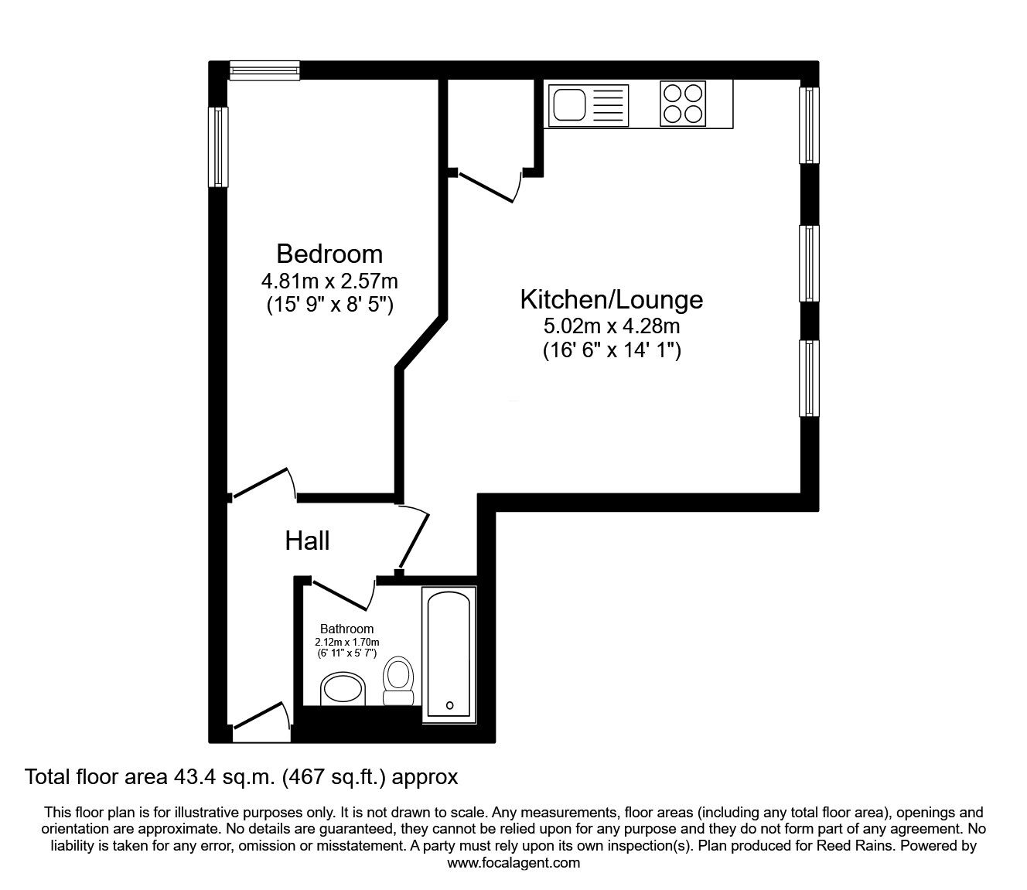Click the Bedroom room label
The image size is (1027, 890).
click(329, 254)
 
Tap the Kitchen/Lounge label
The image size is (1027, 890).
click(612, 300)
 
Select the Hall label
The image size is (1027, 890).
click(307, 540)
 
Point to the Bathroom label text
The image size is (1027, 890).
click(346, 629)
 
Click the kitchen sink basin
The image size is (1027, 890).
click(569, 105)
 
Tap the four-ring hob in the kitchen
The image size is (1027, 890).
click(683, 104)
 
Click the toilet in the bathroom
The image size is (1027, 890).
click(398, 680)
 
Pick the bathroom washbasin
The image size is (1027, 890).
click(343, 689)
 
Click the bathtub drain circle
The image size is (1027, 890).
click(449, 705)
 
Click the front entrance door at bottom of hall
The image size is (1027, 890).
click(261, 717)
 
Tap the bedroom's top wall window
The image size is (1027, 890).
click(264, 70)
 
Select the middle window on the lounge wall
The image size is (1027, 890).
click(809, 264)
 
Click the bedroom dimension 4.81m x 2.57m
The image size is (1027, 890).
click(329, 281)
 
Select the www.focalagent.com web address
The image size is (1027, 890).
click(513, 863)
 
